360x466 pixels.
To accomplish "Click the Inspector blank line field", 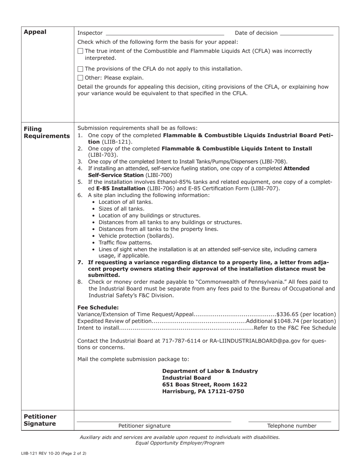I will point(165,33).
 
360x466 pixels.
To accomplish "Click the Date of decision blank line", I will point(306,33).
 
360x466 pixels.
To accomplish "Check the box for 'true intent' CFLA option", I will point(80,51).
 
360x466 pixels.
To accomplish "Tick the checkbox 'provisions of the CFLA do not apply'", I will point(80,69).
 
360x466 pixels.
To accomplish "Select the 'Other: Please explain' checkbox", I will point(80,78).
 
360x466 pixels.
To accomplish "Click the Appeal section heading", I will point(35,32).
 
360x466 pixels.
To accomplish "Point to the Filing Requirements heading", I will point(47,132).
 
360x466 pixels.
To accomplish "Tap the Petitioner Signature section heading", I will point(40,420).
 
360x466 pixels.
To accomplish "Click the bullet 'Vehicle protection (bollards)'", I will point(136,236).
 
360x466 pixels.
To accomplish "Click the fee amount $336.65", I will point(288,314).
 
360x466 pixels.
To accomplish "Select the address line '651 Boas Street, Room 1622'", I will point(205,385).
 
